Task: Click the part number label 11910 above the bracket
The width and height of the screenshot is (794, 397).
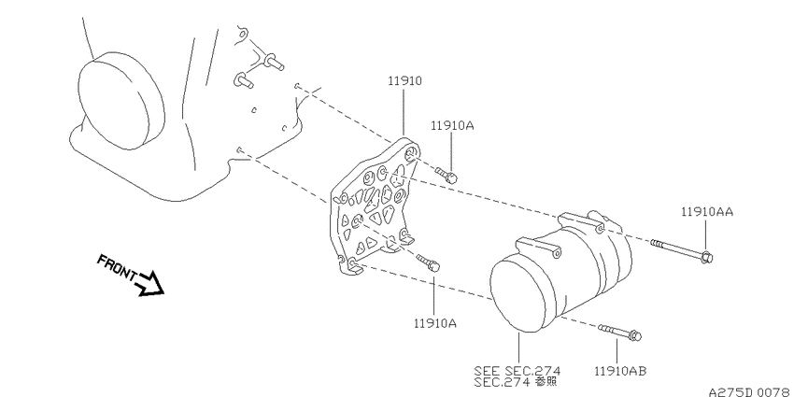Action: [405, 81]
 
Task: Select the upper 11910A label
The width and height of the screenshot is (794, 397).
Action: [452, 125]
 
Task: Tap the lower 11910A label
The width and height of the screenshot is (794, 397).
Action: [435, 322]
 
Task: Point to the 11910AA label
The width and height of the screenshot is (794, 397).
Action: [707, 212]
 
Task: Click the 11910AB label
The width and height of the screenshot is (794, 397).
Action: [620, 371]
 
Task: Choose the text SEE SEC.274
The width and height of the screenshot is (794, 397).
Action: [517, 370]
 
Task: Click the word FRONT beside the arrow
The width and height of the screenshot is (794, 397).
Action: [117, 267]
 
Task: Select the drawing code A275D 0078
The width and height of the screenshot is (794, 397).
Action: [750, 391]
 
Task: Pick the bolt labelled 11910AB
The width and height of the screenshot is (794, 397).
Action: [619, 333]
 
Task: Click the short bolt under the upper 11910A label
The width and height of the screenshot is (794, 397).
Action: [447, 176]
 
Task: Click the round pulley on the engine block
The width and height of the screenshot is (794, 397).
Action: [121, 100]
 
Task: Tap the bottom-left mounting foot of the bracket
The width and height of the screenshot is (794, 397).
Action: [351, 265]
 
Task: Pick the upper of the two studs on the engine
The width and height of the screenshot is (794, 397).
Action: [273, 62]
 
